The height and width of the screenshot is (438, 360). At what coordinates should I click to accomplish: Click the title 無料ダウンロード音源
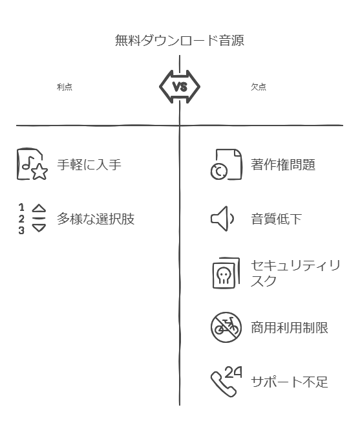180,40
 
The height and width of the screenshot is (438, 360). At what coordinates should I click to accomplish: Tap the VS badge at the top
180,87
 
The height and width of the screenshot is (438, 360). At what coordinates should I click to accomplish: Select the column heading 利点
65,87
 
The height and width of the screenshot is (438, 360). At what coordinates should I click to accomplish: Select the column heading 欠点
259,87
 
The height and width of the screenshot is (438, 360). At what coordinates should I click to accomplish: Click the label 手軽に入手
89,164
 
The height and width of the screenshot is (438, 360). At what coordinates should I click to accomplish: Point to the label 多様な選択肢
96,219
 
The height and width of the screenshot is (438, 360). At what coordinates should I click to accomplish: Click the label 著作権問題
283,164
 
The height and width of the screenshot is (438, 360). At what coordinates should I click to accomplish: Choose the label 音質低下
276,219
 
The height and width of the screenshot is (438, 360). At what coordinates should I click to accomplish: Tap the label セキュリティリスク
295,273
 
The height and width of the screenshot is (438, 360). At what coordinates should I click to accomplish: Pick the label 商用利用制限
290,327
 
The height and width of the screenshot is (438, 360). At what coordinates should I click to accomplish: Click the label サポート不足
290,382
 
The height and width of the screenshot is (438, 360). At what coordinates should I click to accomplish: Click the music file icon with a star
32,164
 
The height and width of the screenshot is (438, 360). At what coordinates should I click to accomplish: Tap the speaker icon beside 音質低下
222,219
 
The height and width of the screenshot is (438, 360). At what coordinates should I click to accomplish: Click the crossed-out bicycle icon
226,327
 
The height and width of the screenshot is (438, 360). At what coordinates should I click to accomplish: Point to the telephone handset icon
222,385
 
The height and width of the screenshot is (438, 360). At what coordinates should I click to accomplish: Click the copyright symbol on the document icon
219,171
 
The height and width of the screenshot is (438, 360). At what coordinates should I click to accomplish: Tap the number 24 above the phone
233,373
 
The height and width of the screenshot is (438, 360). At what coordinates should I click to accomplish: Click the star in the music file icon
39,172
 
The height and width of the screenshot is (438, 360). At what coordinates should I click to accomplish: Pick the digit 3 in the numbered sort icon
21,231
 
